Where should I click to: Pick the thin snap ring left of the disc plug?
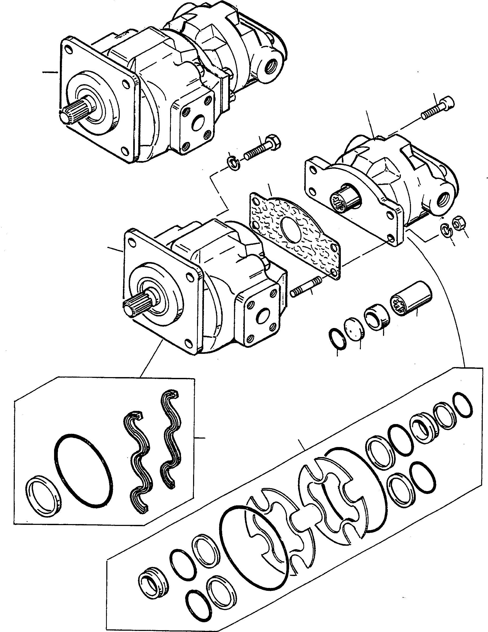pyautogui.click(x=338, y=339)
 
